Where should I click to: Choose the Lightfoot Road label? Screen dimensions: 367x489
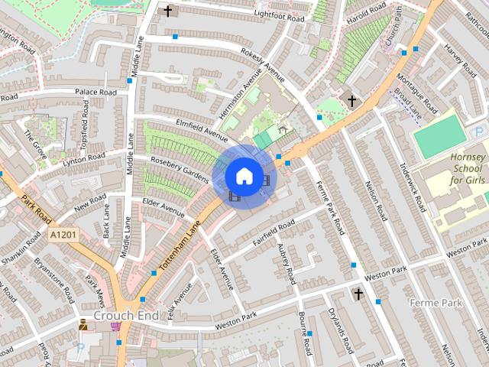coord(279,16)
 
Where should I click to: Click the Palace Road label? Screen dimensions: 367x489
coord(96,92)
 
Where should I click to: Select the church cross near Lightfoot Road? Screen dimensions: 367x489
coord(168,11)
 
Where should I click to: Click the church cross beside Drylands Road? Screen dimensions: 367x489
coord(358,294)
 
